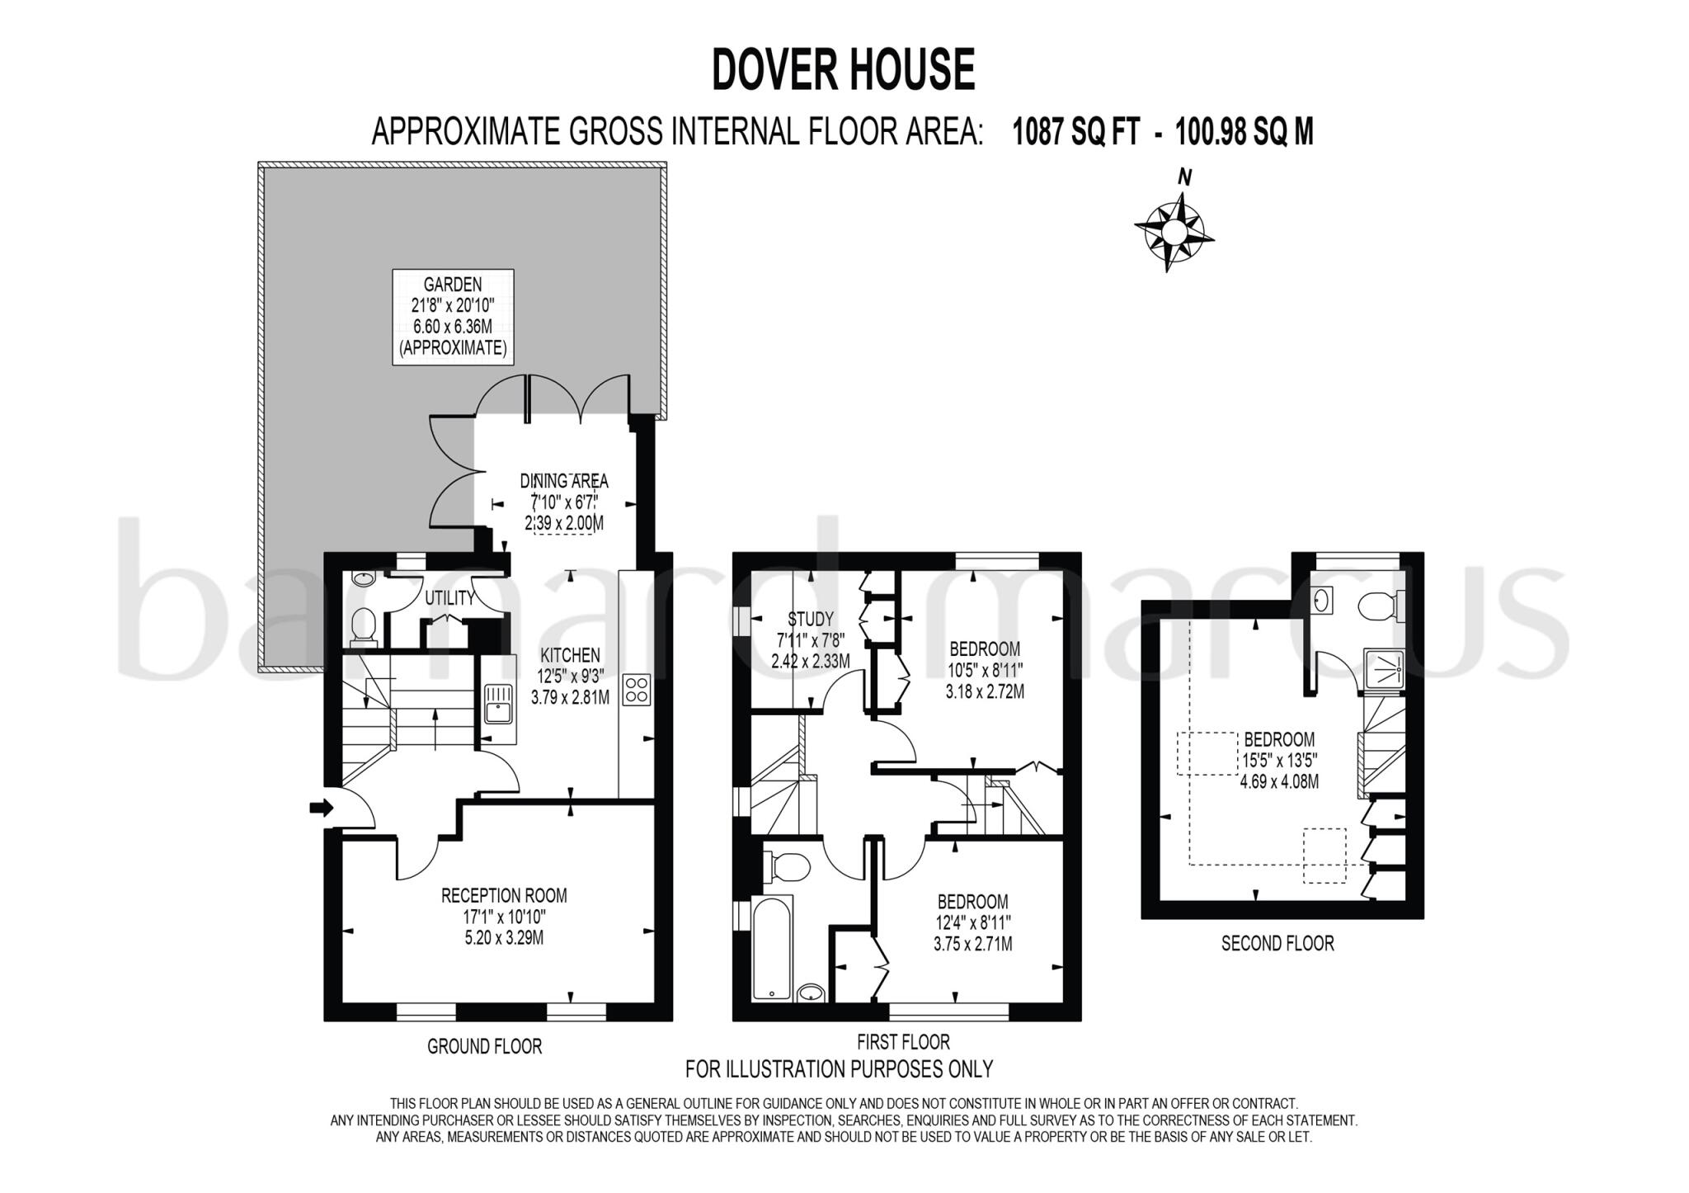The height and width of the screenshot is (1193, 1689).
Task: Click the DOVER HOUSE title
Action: [x=843, y=69]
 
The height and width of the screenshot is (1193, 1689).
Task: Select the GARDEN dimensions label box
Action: [x=453, y=317]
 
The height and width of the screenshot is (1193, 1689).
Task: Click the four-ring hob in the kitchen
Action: [x=637, y=690]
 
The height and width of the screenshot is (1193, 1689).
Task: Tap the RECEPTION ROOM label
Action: [x=504, y=896]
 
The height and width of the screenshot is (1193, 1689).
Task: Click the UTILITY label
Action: [x=449, y=598]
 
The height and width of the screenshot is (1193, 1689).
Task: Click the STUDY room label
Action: [x=811, y=619]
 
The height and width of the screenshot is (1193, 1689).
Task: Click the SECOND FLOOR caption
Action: [x=1277, y=943]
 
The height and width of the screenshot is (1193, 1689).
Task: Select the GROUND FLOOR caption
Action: [x=484, y=1047]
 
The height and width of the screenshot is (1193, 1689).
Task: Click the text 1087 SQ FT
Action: [x=1075, y=132]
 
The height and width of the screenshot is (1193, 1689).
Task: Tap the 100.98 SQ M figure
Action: [x=1244, y=132]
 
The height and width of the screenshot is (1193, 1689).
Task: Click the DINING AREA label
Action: [x=564, y=481]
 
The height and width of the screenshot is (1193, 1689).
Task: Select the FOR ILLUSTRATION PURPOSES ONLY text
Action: [x=839, y=1069]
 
